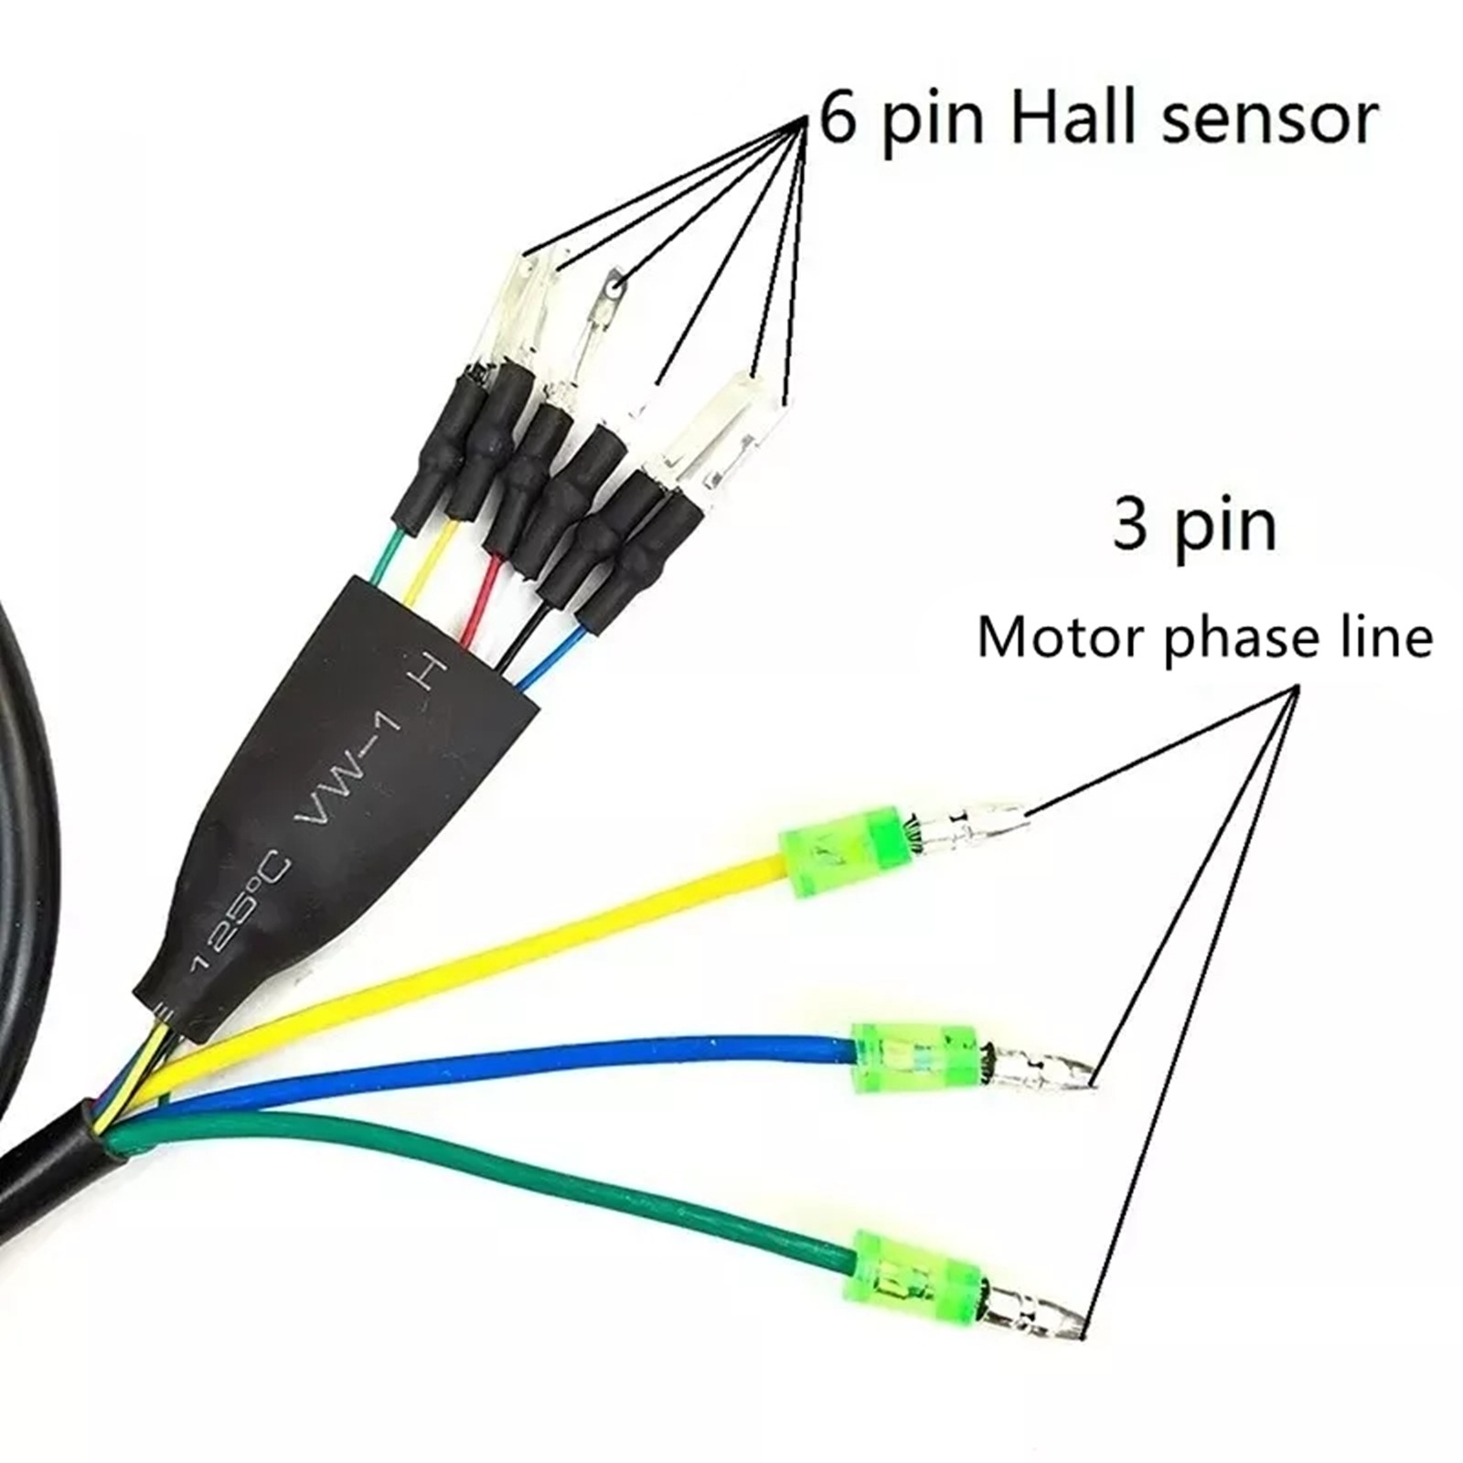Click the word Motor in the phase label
coord(1062,637)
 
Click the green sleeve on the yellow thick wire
coord(847,850)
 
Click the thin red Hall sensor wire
coord(483,594)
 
